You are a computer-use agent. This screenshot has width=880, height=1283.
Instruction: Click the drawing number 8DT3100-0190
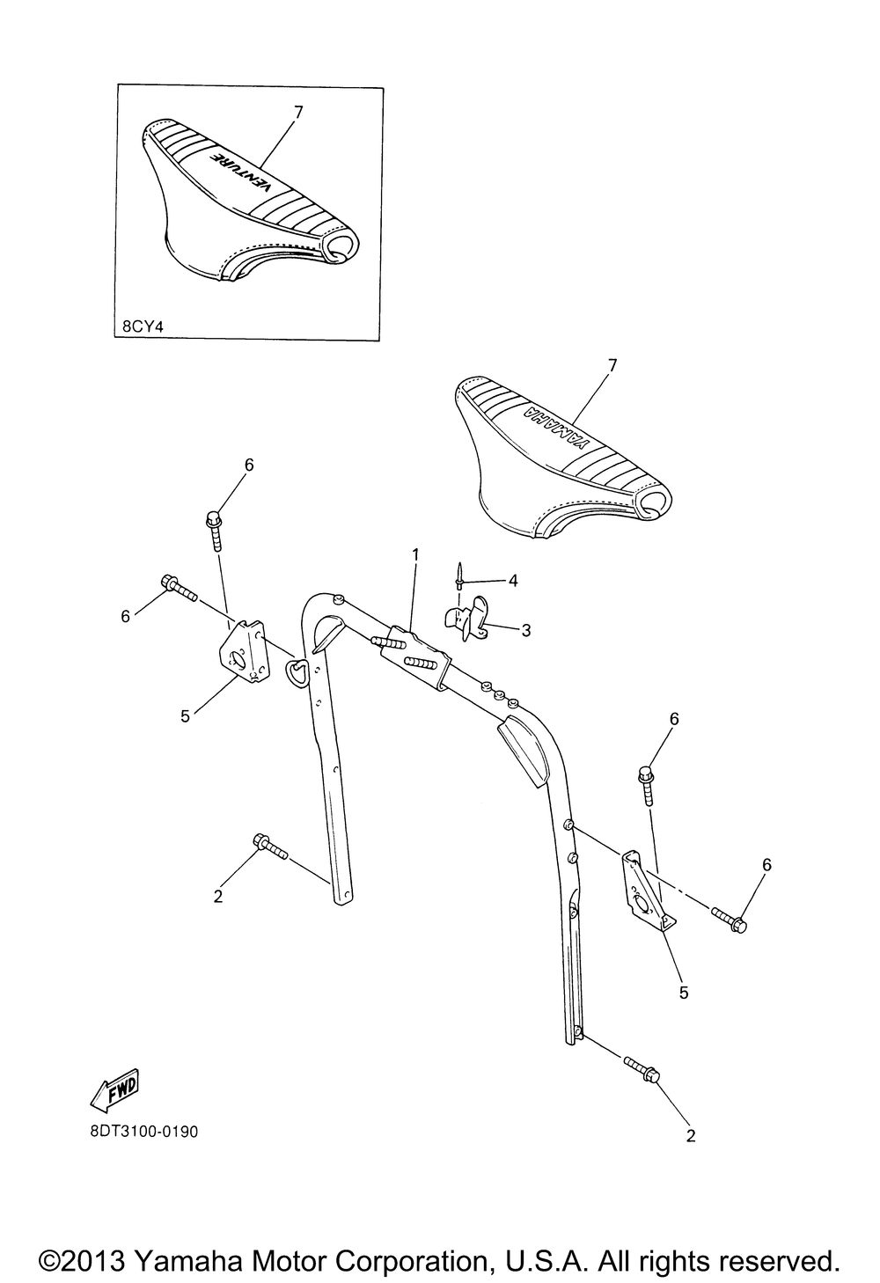coord(143,1131)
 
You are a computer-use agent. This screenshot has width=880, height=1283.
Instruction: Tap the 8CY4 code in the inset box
coord(143,326)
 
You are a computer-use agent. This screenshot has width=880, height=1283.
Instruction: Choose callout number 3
coord(525,630)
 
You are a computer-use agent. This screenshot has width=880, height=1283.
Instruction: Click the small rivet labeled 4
coord(459,576)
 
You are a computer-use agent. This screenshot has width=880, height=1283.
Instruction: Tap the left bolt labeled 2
coord(269,846)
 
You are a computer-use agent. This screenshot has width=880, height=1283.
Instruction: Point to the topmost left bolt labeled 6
coord(215,525)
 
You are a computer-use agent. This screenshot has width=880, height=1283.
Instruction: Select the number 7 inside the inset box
coord(298,112)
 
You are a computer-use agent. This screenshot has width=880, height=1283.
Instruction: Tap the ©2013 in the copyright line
coord(83,1260)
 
